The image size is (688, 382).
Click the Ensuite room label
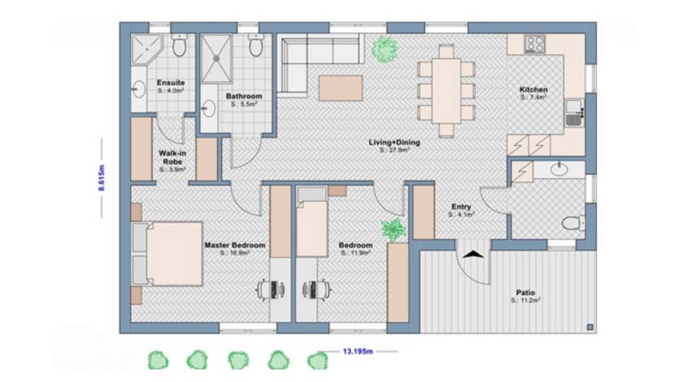[169, 83]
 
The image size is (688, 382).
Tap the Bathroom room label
[244, 96]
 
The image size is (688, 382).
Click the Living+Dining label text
[394, 142]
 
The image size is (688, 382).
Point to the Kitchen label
[534, 90]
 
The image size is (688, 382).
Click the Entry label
[462, 206]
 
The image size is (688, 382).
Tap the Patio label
[524, 293]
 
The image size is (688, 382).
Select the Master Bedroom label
[235, 245]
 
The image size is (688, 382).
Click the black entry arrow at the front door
[473, 256]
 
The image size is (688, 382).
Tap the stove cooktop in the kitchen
[536, 45]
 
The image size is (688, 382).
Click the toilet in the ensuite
[180, 47]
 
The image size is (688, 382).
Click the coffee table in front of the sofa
[341, 87]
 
